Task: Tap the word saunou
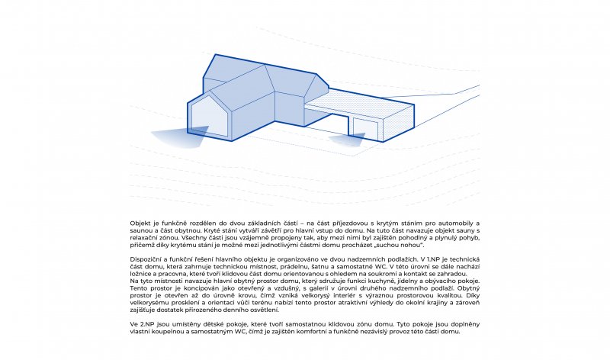[141, 228]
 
